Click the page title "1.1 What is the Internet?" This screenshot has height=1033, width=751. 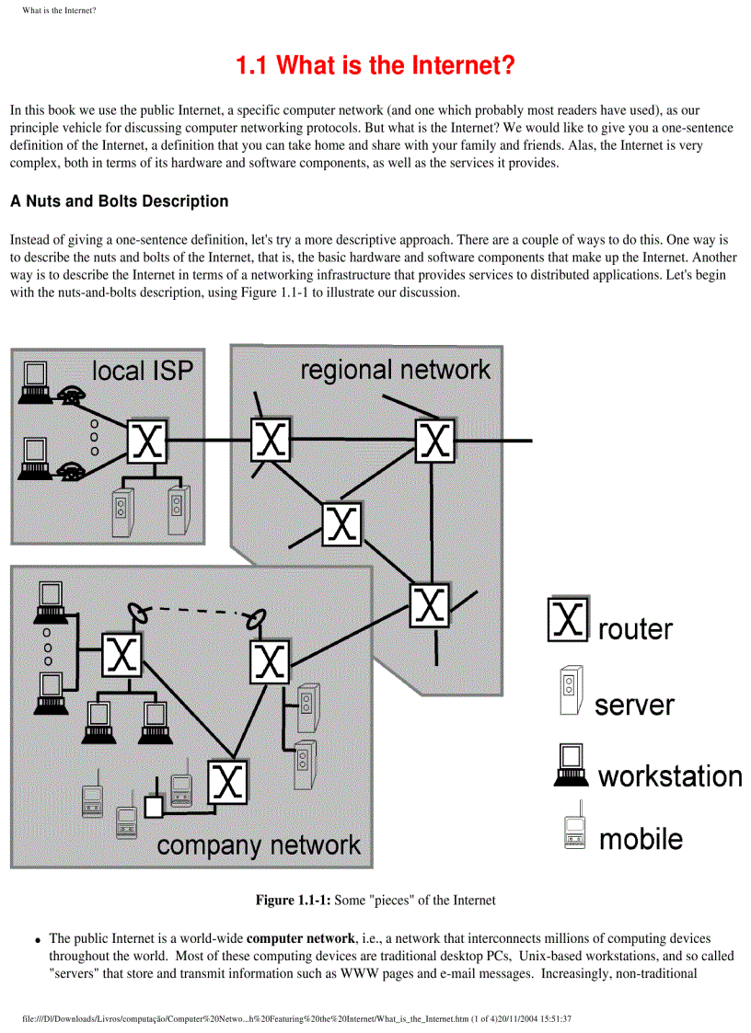point(375,66)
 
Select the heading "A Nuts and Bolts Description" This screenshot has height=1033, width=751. point(119,201)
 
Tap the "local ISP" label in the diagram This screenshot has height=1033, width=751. point(143,372)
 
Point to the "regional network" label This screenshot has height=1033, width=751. point(395,370)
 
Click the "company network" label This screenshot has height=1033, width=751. point(259,844)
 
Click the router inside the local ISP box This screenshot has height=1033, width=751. point(147,443)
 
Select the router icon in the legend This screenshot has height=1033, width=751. point(568,621)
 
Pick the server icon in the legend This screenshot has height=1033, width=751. point(570,691)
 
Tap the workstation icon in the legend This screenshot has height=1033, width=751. point(571,763)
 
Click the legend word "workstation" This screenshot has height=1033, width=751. point(670,775)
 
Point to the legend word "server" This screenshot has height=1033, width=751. point(634,706)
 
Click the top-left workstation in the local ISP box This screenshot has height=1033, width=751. point(36,379)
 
